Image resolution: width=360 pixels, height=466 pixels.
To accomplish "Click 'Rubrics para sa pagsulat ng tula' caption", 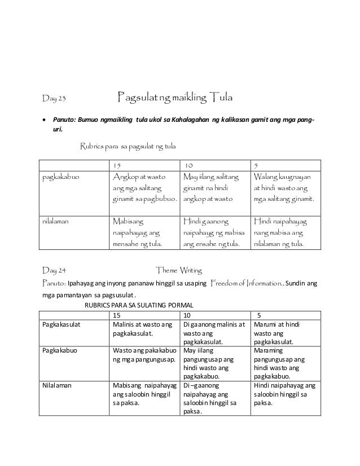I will (128, 147).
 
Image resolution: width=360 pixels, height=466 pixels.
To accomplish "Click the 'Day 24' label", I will (55, 270).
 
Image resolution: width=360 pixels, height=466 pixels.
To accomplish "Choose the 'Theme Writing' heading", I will (179, 270).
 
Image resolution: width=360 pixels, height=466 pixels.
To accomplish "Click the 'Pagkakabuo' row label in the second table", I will (60, 349).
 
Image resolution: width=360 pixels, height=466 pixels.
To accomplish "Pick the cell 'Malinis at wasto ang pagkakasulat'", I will (142, 328).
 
